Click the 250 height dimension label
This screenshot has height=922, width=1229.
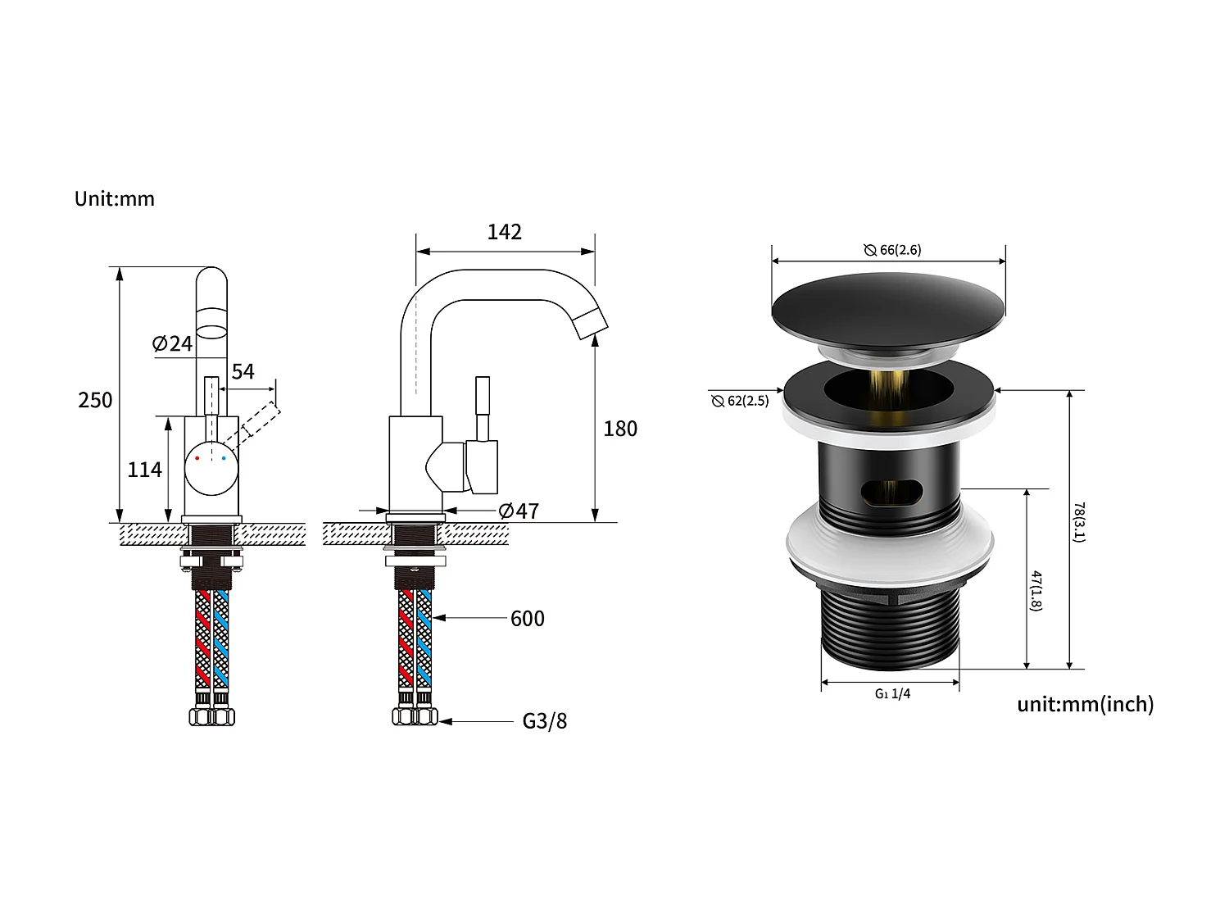coord(95,400)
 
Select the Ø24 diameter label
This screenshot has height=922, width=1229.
coord(172,343)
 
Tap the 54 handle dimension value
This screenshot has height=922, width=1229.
coord(243,371)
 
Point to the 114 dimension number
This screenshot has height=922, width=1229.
coord(144,470)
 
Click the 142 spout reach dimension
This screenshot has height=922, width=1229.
coord(504,232)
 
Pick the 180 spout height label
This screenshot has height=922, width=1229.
coord(619,429)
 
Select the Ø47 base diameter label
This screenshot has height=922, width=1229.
coord(519,511)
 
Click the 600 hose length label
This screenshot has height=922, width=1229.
coord(527,619)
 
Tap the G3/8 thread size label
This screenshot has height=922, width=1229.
coord(544,721)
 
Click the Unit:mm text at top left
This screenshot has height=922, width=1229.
coord(114,199)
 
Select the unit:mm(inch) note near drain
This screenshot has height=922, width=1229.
coord(1085,704)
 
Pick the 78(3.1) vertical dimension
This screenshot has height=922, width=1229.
coord(1079,522)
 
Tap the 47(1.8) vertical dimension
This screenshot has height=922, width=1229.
coord(1036,590)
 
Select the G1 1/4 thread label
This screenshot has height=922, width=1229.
coord(892,693)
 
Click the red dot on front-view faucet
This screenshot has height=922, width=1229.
coord(197,458)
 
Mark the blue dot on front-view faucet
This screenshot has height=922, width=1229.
coord(223,458)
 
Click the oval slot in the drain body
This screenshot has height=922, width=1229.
coord(891,491)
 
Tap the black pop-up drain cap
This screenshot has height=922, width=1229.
coord(888,307)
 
